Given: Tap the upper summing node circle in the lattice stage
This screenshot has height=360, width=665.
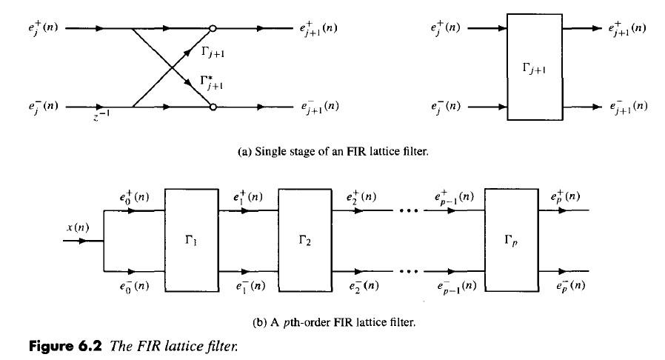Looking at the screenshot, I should pos(213,30).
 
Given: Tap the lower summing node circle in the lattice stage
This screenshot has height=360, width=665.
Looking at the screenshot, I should pos(213,107).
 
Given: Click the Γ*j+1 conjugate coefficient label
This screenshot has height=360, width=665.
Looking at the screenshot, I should pos(212,80).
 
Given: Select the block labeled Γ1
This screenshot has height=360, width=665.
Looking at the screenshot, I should pos(190,241).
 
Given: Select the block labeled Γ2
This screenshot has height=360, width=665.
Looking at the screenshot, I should pos(303,241).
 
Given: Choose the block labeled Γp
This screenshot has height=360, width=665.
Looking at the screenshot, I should pos(509,241).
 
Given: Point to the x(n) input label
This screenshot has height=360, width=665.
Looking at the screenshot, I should pos(77,227).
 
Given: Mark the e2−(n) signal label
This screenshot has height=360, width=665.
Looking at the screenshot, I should pos(361,286).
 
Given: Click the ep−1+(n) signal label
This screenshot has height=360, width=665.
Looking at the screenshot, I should pos(455,199).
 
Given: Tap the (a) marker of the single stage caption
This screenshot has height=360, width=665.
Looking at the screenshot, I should pos(244,153).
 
